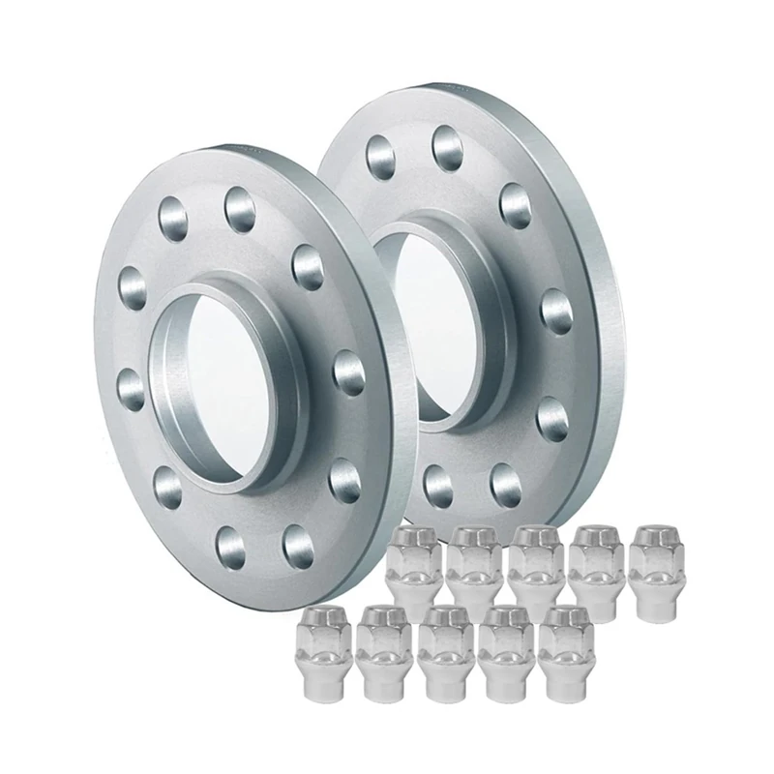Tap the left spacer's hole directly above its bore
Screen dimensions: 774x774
pos(238,202)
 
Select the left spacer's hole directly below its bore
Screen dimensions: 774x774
pos(232,546)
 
